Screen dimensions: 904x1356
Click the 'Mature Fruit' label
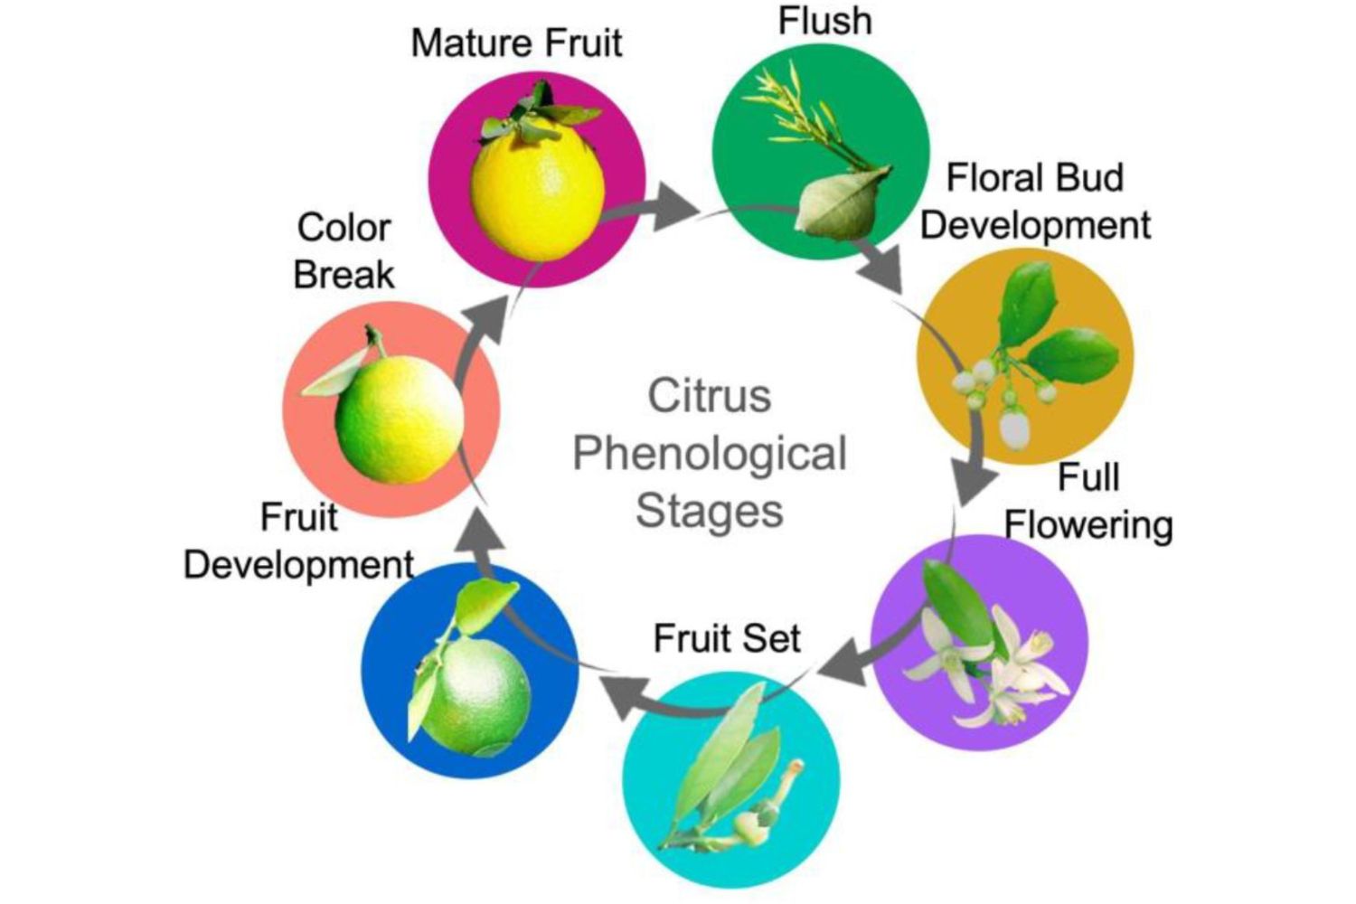pos(516,43)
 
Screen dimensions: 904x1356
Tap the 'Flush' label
pos(824,22)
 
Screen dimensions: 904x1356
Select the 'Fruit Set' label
pos(727,638)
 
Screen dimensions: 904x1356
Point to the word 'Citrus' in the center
pos(709,396)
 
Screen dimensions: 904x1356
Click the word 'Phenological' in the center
pos(710,454)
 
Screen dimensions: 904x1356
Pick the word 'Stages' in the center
pos(709,511)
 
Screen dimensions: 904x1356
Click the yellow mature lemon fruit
pos(538,194)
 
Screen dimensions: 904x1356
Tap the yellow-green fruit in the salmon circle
pos(398,420)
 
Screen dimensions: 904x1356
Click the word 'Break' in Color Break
pos(344,275)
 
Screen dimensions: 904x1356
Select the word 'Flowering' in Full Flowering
pos(1088,525)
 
